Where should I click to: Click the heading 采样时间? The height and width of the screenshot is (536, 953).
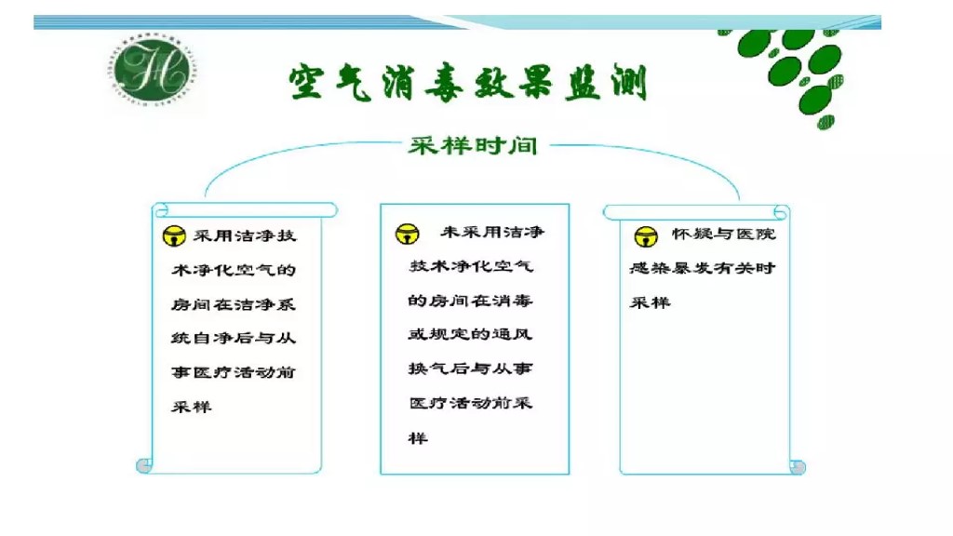(x=472, y=146)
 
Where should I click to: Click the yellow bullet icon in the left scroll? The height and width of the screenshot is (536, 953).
(x=172, y=236)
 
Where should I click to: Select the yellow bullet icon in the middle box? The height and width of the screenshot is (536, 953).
(x=407, y=233)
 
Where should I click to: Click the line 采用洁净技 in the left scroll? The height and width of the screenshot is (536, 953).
(x=244, y=235)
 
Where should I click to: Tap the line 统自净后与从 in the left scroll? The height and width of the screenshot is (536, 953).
(x=233, y=338)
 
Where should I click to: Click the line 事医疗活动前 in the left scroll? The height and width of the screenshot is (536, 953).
(x=233, y=372)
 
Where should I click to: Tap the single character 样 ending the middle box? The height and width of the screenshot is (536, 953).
(x=418, y=437)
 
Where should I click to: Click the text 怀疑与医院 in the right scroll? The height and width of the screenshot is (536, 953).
(x=723, y=234)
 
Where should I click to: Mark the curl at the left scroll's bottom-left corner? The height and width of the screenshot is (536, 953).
(x=143, y=464)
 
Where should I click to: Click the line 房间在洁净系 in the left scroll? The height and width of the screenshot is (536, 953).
(x=233, y=304)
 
